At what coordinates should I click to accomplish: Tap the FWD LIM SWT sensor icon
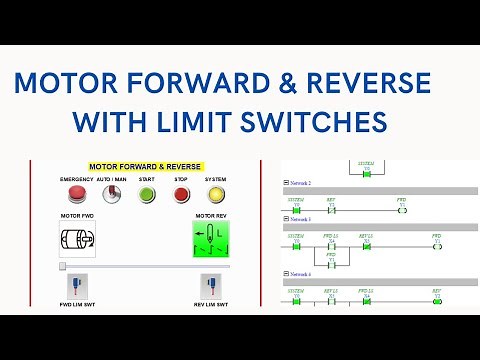click(77, 285)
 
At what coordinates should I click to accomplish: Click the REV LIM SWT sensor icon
click(211, 285)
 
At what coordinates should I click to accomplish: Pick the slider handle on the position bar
click(63, 267)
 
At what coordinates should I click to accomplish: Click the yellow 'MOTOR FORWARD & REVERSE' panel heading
click(145, 167)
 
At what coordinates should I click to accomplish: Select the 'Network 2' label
click(300, 184)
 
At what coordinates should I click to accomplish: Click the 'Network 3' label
click(300, 218)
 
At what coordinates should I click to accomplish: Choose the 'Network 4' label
click(300, 273)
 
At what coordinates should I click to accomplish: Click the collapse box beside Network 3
click(286, 218)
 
